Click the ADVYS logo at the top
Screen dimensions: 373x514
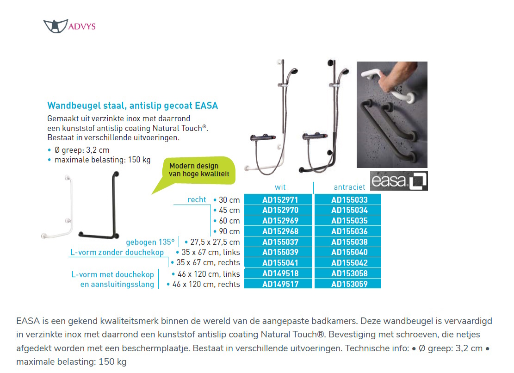(69, 26)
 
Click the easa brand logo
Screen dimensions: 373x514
(399, 181)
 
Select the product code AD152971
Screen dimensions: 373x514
(280, 199)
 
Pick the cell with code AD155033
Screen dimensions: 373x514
(349, 199)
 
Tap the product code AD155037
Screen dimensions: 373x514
(280, 242)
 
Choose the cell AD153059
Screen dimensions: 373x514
(349, 284)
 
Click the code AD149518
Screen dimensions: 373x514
(280, 274)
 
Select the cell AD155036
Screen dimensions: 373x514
(349, 231)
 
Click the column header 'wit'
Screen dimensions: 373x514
(280, 187)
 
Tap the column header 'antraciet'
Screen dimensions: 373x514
(349, 187)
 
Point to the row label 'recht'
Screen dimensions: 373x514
(197, 200)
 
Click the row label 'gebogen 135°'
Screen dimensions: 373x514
(150, 242)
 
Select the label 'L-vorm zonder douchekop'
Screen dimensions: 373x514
(117, 252)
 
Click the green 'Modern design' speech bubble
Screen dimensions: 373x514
(198, 172)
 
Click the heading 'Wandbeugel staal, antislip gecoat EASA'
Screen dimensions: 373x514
(132, 106)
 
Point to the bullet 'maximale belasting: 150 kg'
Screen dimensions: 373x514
(102, 160)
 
